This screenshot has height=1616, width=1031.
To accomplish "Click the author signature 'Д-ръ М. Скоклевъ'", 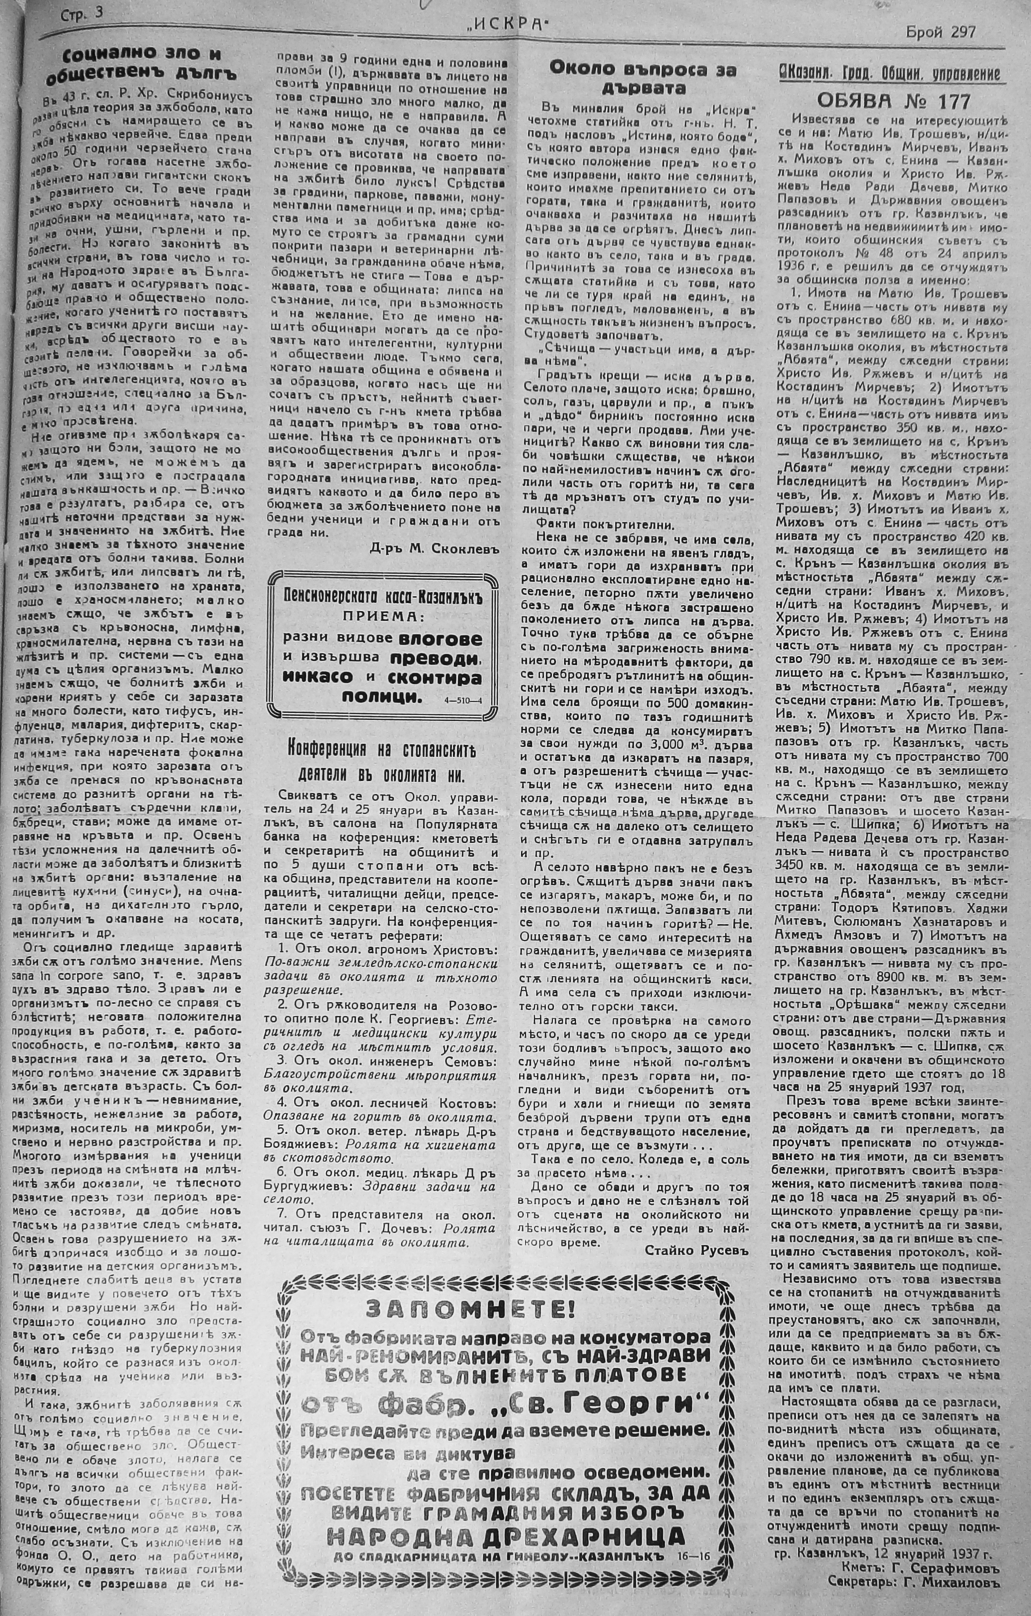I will [435, 547].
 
